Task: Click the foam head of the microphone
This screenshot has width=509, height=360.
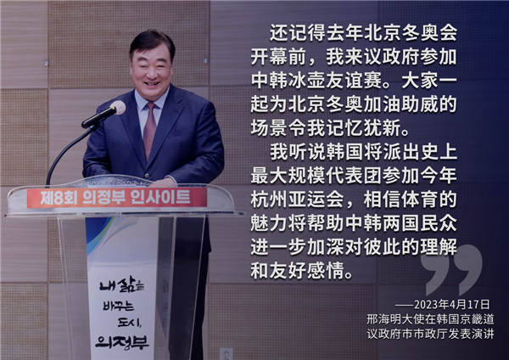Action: point(118,107)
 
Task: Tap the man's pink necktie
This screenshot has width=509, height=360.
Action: point(149,130)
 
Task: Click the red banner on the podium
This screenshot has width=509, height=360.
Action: point(117,198)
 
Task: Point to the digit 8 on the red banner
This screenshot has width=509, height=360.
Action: point(59,198)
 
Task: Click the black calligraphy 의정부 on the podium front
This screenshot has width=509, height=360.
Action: point(121,341)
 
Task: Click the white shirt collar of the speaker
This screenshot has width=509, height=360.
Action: point(152,98)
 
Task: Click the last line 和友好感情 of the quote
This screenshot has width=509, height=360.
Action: point(297,270)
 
